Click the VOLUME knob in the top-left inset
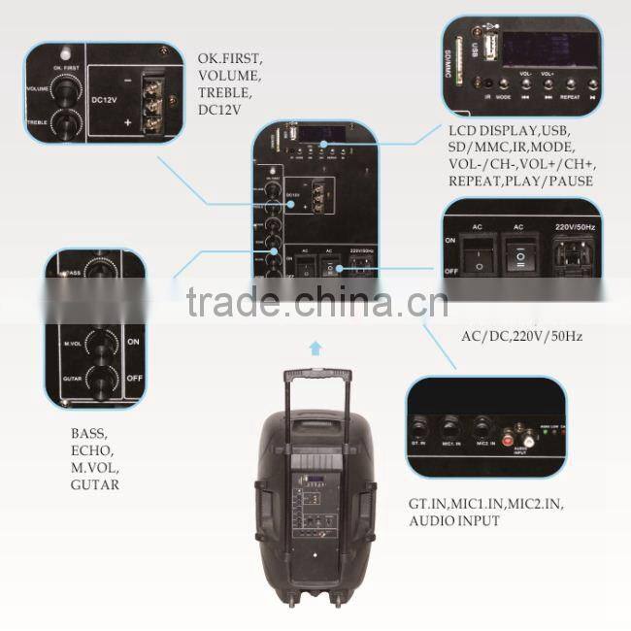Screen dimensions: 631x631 click(x=66, y=90)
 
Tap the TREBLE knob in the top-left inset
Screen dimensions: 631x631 click(x=66, y=123)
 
